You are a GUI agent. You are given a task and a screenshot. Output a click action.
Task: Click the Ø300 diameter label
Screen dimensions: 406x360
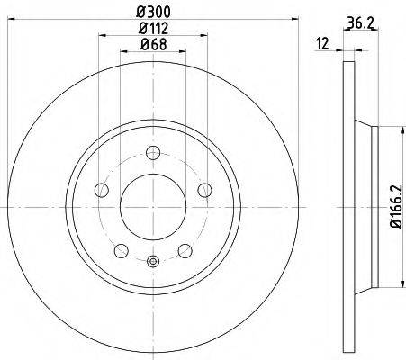153,12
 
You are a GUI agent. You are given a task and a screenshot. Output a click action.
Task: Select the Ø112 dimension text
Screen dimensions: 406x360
153,29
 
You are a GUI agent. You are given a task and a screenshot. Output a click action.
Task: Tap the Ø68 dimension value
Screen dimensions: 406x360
153,45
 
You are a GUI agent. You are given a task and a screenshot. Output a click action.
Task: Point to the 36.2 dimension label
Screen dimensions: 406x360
361,22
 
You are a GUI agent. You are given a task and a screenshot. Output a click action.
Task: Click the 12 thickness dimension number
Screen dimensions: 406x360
323,44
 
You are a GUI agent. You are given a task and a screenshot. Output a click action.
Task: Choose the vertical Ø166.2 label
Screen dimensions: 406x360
396,206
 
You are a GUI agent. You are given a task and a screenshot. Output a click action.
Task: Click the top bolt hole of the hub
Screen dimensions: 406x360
153,153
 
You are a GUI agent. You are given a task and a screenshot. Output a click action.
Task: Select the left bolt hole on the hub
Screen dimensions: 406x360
102,190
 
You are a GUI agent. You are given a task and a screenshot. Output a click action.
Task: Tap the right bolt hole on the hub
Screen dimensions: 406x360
205,190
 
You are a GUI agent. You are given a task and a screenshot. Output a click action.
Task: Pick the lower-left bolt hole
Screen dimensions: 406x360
122,250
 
